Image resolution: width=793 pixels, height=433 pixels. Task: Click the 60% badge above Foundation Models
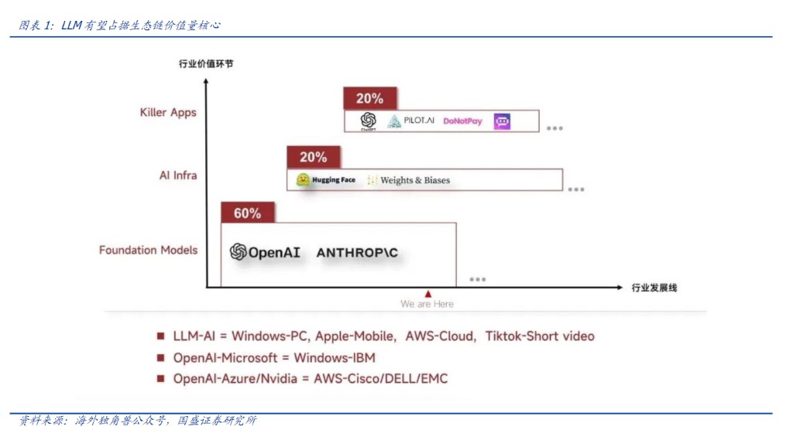pyautogui.click(x=247, y=213)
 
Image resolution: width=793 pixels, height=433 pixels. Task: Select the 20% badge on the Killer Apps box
pyautogui.click(x=370, y=98)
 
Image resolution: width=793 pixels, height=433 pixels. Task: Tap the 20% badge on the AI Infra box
pyautogui.click(x=313, y=157)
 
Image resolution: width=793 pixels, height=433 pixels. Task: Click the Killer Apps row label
pyautogui.click(x=168, y=113)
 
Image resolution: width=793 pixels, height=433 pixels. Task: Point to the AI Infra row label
pyautogui.click(x=178, y=176)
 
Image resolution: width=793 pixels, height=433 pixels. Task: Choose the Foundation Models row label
pyautogui.click(x=148, y=251)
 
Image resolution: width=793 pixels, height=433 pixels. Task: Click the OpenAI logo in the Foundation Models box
pyautogui.click(x=266, y=253)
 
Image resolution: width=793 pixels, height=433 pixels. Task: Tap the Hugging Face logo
pyautogui.click(x=326, y=180)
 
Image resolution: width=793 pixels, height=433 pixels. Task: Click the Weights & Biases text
pyautogui.click(x=408, y=180)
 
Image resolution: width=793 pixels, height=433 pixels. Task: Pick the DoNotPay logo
pyautogui.click(x=462, y=121)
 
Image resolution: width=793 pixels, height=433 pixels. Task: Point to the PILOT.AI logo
pyautogui.click(x=411, y=121)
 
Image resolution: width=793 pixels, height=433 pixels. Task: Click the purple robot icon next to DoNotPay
pyautogui.click(x=503, y=121)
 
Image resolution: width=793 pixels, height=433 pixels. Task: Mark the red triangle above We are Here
pyautogui.click(x=427, y=294)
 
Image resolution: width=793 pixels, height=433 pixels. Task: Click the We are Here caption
pyautogui.click(x=427, y=304)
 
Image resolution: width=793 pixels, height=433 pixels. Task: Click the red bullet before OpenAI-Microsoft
pyautogui.click(x=161, y=358)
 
